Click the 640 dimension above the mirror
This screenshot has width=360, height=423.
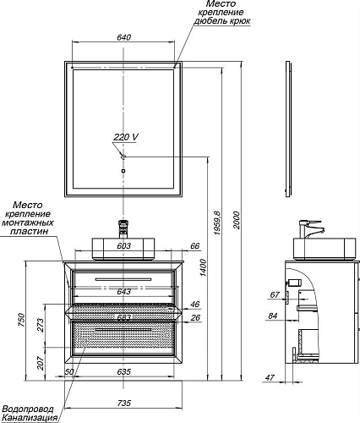tap(123, 37)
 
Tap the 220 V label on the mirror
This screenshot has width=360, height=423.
tap(126, 137)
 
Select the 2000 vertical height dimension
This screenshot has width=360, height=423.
tap(237, 220)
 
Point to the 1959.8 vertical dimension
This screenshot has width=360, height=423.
tap(218, 223)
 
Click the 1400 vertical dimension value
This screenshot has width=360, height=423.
tap(204, 267)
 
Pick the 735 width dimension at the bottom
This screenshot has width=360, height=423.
tap(124, 403)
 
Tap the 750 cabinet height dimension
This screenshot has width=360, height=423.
tap(22, 320)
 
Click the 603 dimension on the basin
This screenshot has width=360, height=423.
tap(123, 246)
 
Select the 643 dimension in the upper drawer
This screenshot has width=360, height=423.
tap(123, 291)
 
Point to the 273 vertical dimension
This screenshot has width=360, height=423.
tap(41, 325)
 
